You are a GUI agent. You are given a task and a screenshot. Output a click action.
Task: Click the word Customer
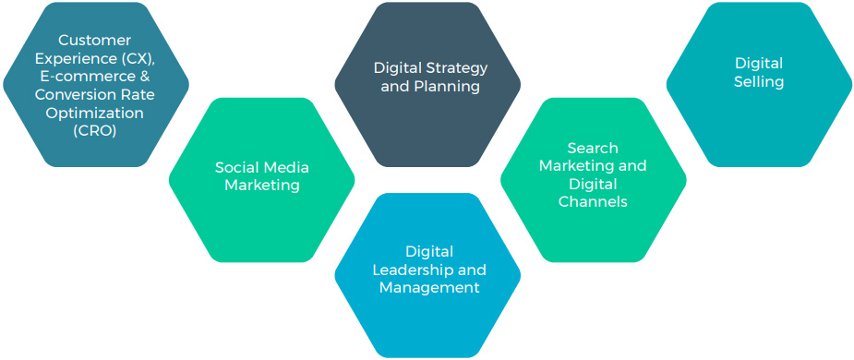click(x=95, y=41)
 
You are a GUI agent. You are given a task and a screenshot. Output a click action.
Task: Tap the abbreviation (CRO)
click(x=96, y=130)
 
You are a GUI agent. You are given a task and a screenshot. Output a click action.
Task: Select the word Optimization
click(x=96, y=113)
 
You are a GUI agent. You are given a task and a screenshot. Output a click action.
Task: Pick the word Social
click(x=237, y=167)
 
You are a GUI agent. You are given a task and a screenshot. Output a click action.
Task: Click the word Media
click(x=286, y=167)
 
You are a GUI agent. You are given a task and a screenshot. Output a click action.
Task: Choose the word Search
click(x=593, y=148)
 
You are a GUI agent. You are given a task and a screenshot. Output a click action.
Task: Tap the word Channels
click(x=593, y=201)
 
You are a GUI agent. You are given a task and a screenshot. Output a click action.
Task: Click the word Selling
click(x=759, y=81)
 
